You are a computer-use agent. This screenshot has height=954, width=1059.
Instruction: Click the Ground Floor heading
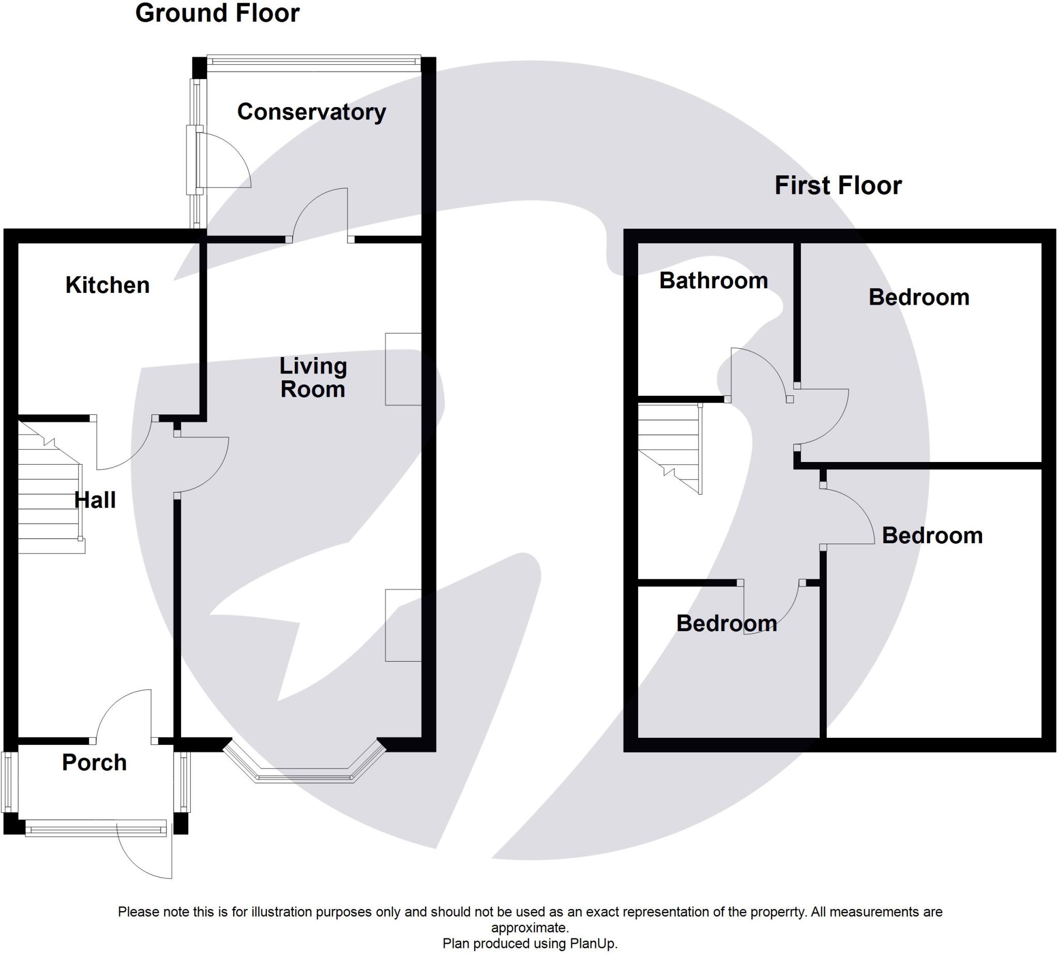217,13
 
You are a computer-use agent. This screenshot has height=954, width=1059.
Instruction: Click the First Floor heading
837,186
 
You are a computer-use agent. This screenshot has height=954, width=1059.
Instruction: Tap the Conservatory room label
311,112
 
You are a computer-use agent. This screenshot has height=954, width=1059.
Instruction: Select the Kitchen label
108,286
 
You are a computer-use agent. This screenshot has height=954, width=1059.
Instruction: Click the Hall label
95,501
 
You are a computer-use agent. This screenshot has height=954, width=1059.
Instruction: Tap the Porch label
94,763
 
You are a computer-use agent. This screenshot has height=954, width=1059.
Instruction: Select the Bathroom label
713,281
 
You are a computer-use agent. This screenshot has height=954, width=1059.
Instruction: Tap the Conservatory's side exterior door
223,160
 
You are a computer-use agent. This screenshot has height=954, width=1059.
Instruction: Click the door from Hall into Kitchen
123,443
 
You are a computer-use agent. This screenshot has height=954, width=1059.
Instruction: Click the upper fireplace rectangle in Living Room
403,369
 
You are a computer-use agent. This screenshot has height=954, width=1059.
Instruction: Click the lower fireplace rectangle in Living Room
403,625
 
